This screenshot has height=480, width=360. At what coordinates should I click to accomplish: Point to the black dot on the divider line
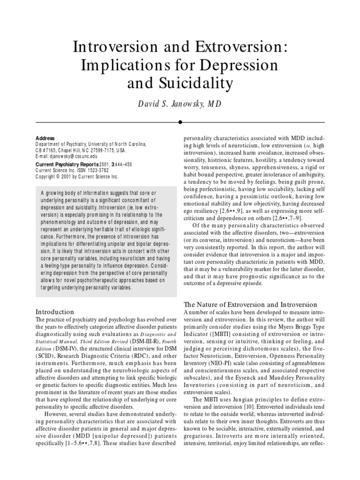click(180, 121)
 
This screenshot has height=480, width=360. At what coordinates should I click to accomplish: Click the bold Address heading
click(45, 138)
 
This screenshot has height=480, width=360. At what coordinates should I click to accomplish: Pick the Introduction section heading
click(55, 311)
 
